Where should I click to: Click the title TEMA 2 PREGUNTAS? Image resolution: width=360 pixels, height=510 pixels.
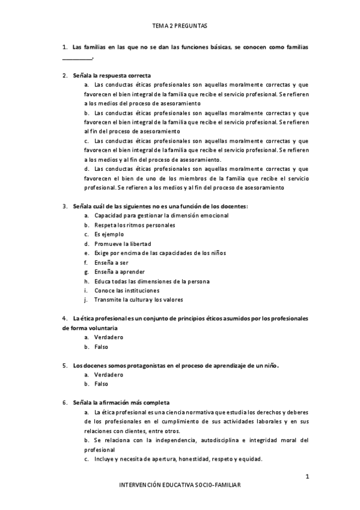(180, 26)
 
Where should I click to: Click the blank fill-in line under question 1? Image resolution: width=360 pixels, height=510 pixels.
(78, 58)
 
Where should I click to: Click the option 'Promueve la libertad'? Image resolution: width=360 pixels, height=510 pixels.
(122, 244)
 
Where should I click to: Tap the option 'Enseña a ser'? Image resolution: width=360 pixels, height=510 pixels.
(111, 262)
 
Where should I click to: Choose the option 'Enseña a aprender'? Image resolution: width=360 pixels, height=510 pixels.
(119, 271)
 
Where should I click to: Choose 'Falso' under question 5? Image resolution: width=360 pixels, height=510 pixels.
(101, 384)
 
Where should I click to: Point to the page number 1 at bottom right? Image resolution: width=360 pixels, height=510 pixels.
(307, 478)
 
